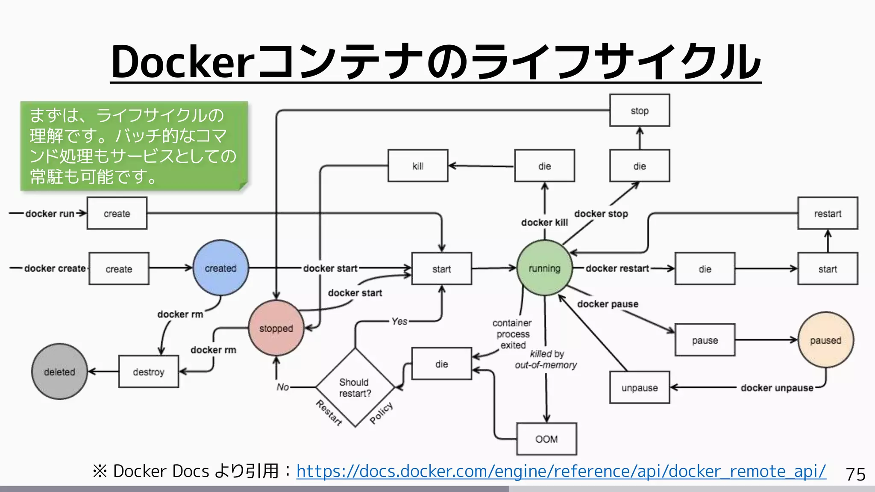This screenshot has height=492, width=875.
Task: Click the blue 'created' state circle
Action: pos(220,268)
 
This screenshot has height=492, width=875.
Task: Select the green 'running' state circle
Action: pos(544,268)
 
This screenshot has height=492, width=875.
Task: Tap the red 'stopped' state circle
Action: pos(276,328)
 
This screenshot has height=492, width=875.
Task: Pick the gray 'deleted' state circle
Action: pos(59,372)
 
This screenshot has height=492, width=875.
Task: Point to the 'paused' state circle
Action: pos(825,340)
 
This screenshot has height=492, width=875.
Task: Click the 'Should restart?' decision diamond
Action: pos(355,387)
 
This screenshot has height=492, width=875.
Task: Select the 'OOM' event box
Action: pos(546,439)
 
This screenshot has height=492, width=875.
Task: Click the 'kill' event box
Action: pos(418,166)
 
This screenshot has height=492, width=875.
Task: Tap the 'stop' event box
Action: pos(640,111)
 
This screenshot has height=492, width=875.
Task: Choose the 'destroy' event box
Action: pos(148,372)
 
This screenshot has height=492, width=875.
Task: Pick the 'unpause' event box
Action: pos(640,387)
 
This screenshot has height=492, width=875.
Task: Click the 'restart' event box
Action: pos(828,213)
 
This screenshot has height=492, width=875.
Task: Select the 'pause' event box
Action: pos(705,340)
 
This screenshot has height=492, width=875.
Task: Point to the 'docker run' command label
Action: pos(50,214)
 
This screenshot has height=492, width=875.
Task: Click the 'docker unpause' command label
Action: pos(777,388)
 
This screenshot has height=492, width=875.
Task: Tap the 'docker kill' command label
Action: pos(544,222)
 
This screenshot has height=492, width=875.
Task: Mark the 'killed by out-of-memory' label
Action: pos(546,359)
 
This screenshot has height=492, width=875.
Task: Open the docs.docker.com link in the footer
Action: pos(561,471)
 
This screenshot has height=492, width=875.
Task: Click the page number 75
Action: pos(855,474)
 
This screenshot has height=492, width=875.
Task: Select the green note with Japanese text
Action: pos(134,146)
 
